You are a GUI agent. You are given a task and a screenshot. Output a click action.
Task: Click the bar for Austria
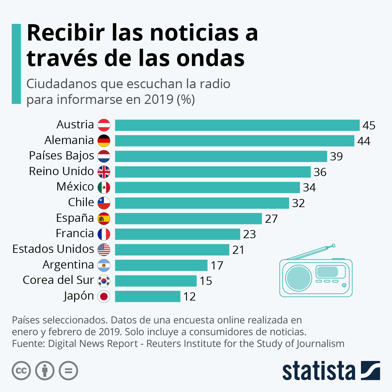tap(237, 125)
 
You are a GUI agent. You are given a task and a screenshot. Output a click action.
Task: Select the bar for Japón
tap(148, 296)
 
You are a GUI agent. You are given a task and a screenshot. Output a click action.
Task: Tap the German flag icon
tap(104, 140)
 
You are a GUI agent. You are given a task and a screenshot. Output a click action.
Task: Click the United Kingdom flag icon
tap(104, 171)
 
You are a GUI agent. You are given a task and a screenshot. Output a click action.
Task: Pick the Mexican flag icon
tap(104, 187)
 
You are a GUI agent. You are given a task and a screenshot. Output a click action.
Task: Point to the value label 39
tap(336, 156)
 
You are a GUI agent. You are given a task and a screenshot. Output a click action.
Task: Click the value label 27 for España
tap(271, 219)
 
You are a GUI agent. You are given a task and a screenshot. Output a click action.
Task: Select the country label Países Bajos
tap(61, 156)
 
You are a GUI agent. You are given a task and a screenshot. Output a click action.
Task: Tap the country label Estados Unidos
tap(53, 249)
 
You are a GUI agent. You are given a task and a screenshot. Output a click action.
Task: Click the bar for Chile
tap(202, 203)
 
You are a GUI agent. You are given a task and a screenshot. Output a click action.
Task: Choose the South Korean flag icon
tap(104, 281)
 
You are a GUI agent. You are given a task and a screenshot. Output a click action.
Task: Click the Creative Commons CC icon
tap(21, 371)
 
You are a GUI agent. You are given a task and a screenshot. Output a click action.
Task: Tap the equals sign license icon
tap(68, 371)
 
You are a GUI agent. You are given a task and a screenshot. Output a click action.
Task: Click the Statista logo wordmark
tap(318, 371)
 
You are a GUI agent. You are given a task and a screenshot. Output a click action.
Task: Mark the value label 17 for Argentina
tap(217, 265)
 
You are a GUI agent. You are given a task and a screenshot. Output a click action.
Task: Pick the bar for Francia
tap(177, 234)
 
